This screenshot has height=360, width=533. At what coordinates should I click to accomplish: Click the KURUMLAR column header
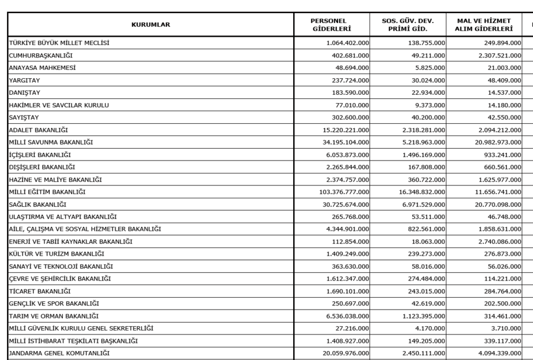coord(150,24)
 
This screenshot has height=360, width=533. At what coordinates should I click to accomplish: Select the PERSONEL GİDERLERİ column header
coord(332,24)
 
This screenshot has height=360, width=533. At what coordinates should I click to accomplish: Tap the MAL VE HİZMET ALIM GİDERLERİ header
coord(484,24)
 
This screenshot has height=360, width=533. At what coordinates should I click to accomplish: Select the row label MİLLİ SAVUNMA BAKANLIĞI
coord(51,142)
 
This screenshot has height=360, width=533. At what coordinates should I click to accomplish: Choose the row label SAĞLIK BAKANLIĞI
coord(37,204)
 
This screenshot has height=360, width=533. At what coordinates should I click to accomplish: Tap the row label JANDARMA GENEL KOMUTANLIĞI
coord(59,353)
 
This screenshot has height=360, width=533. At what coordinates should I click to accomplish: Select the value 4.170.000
coord(432,329)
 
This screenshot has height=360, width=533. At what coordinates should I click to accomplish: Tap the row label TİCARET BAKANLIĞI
coord(40,291)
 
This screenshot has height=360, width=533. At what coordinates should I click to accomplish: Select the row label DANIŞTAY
coord(26,92)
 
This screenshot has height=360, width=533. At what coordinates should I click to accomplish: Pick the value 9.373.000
coord(432,105)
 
